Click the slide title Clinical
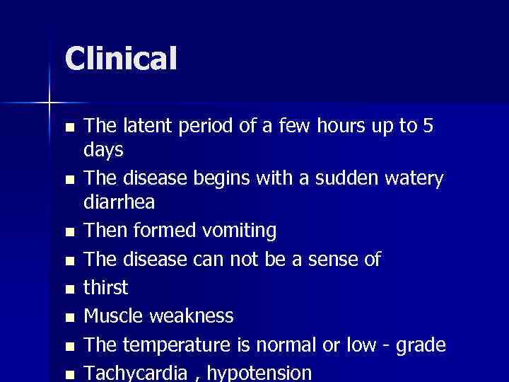[x=121, y=59]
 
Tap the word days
[x=104, y=151]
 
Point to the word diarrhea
[x=119, y=203]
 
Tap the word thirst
[x=106, y=287]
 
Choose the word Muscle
[x=112, y=316]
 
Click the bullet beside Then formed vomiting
[x=68, y=232]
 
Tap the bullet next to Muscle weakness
[x=68, y=317]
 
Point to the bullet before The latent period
[x=68, y=127]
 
